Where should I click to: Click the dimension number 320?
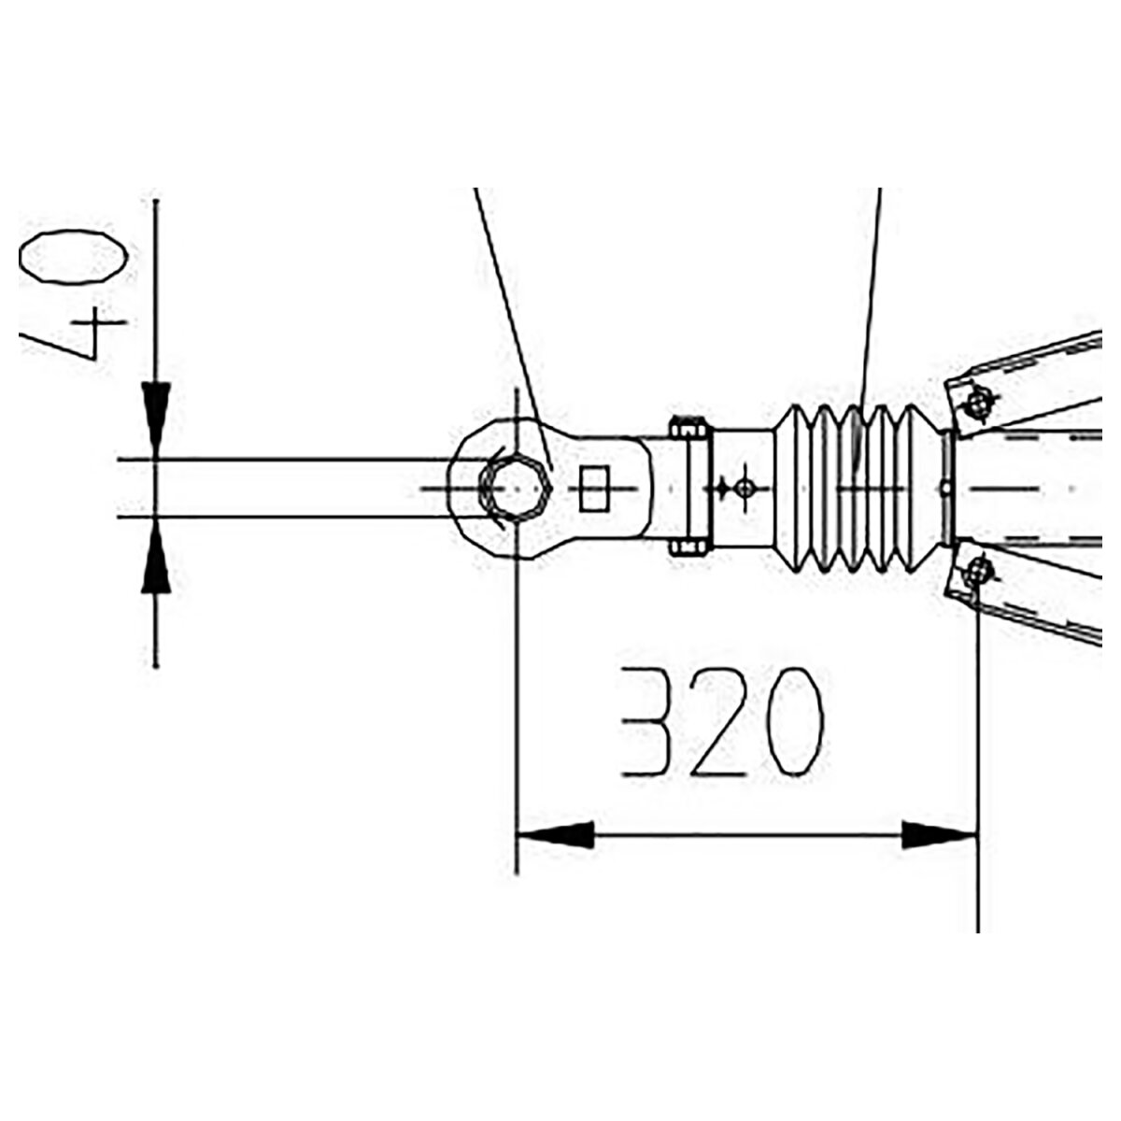[722, 722]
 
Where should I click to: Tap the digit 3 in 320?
[646, 722]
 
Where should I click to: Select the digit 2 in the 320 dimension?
[718, 722]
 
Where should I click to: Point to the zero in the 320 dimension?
[793, 722]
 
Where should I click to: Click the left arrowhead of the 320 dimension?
[555, 836]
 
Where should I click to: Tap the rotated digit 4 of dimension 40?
[73, 333]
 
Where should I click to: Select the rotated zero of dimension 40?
[73, 257]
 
